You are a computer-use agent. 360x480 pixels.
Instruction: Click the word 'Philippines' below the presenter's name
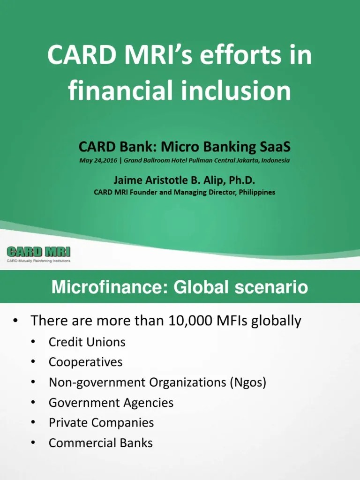pyautogui.click(x=252, y=192)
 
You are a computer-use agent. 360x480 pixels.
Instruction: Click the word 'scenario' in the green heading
pyautogui.click(x=266, y=287)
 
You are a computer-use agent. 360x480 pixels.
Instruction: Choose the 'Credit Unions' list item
pyautogui.click(x=87, y=342)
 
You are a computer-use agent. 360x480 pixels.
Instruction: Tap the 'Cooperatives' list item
pyautogui.click(x=85, y=362)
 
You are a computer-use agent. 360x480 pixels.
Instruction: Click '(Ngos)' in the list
pyautogui.click(x=247, y=382)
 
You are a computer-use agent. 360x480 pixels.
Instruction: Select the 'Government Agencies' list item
pyautogui.click(x=111, y=403)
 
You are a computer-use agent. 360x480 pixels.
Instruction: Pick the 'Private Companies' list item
pyautogui.click(x=101, y=423)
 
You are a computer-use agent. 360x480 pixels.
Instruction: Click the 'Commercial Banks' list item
pyautogui.click(x=100, y=443)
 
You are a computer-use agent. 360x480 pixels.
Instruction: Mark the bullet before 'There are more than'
pyautogui.click(x=16, y=321)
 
